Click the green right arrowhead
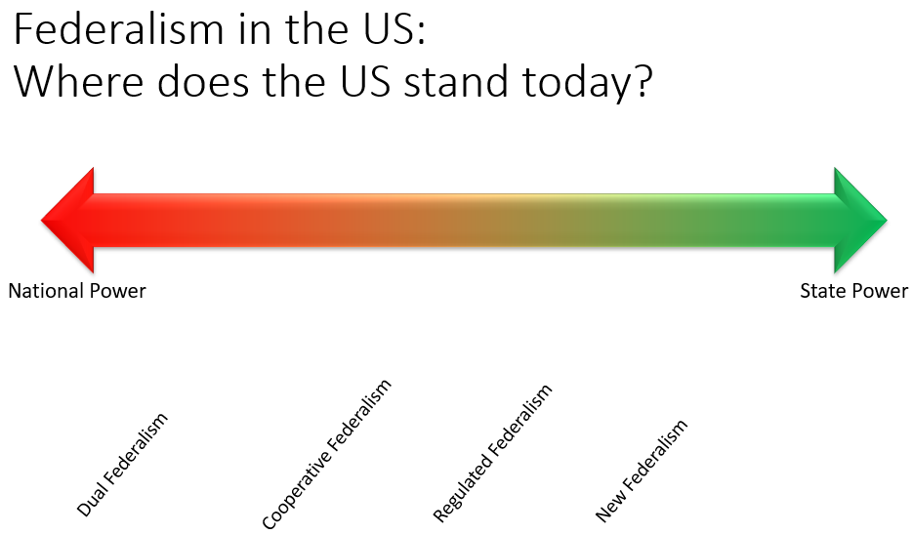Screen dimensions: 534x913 point(859,220)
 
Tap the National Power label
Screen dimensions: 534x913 point(77,290)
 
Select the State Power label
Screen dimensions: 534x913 point(853,290)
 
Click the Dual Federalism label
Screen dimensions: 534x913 point(122,464)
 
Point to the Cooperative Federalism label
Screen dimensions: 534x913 point(326,454)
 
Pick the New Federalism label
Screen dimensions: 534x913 point(642,470)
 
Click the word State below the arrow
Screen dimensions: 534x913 point(821,290)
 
